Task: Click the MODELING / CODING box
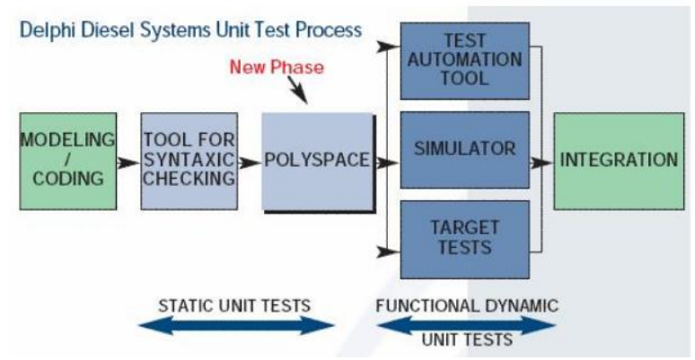click(x=68, y=161)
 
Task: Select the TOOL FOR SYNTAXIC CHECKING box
click(x=189, y=161)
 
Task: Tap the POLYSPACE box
click(x=317, y=161)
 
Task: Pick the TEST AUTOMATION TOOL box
click(x=465, y=61)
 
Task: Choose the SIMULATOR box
click(x=465, y=150)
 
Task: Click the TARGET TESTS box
click(x=465, y=240)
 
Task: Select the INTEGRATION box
click(x=619, y=161)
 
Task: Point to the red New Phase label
click(x=277, y=67)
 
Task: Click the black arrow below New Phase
click(x=297, y=90)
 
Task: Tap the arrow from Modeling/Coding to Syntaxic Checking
click(x=128, y=162)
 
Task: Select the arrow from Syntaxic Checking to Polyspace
click(x=250, y=162)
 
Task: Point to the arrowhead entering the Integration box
click(x=541, y=162)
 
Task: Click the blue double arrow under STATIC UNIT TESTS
click(x=236, y=325)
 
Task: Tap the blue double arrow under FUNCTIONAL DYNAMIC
click(x=466, y=325)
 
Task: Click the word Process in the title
click(x=329, y=31)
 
